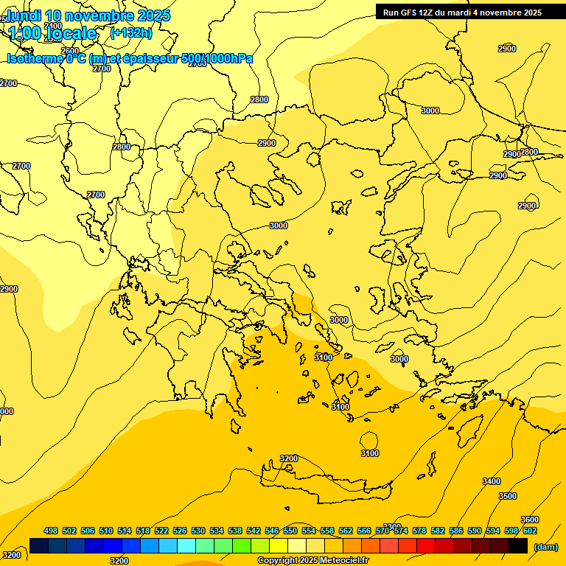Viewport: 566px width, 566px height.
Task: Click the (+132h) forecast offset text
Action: (131, 32)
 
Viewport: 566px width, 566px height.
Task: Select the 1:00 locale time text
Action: (53, 33)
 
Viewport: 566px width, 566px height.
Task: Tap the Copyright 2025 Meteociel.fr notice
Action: (312, 561)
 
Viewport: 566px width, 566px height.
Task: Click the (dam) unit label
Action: (545, 546)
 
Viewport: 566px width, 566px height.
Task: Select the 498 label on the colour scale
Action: (51, 531)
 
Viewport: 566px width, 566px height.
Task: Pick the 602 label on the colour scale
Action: (530, 531)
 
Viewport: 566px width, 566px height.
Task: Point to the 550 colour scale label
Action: (290, 531)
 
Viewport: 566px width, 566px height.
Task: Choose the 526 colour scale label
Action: (180, 531)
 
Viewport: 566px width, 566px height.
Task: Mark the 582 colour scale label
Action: (438, 531)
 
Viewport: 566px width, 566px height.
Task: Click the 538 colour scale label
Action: (235, 531)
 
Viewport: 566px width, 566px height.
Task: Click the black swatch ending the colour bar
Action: (518, 546)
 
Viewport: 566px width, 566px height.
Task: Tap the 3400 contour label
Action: (491, 481)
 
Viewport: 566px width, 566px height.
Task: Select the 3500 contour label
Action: (508, 496)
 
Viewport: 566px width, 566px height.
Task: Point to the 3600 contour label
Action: (529, 520)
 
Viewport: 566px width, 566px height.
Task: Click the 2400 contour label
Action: (53, 26)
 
